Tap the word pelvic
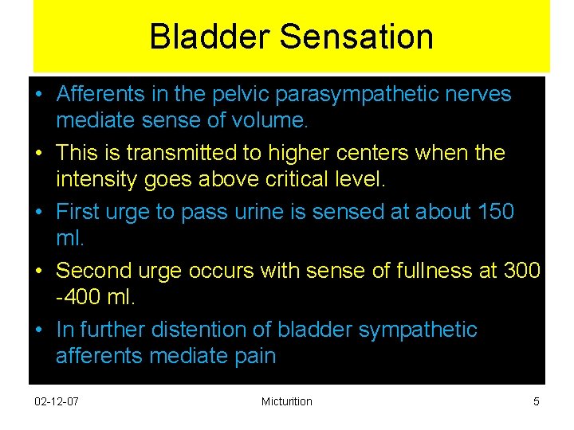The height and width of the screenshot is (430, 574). pos(240,94)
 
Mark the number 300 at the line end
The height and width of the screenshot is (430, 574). pos(522,271)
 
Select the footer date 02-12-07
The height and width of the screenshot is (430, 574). pos(57,401)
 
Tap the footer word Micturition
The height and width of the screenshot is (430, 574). pos(286,401)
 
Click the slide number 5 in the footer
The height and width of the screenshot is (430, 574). pos(536,401)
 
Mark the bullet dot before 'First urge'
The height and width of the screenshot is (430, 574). pos(38,213)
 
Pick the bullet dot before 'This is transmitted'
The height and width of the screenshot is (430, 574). pos(38,153)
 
